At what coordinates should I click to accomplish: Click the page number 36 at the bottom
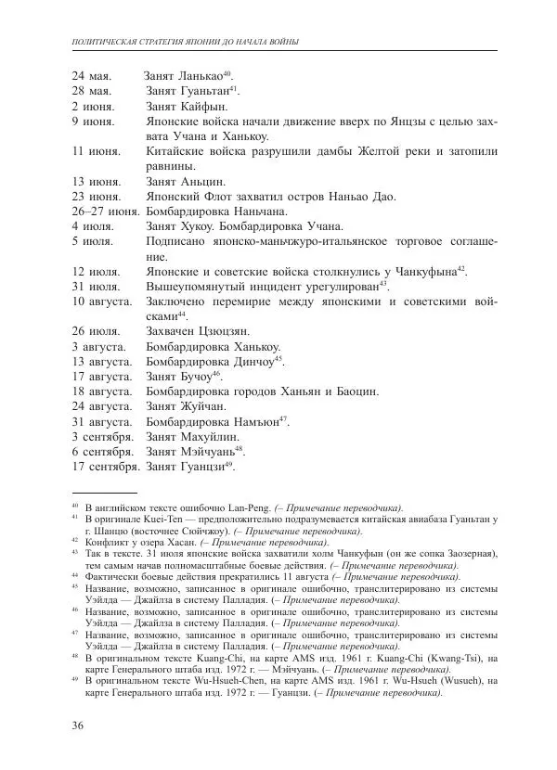coord(79,725)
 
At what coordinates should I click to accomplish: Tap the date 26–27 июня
coord(105,211)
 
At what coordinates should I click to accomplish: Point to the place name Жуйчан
coord(205,405)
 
